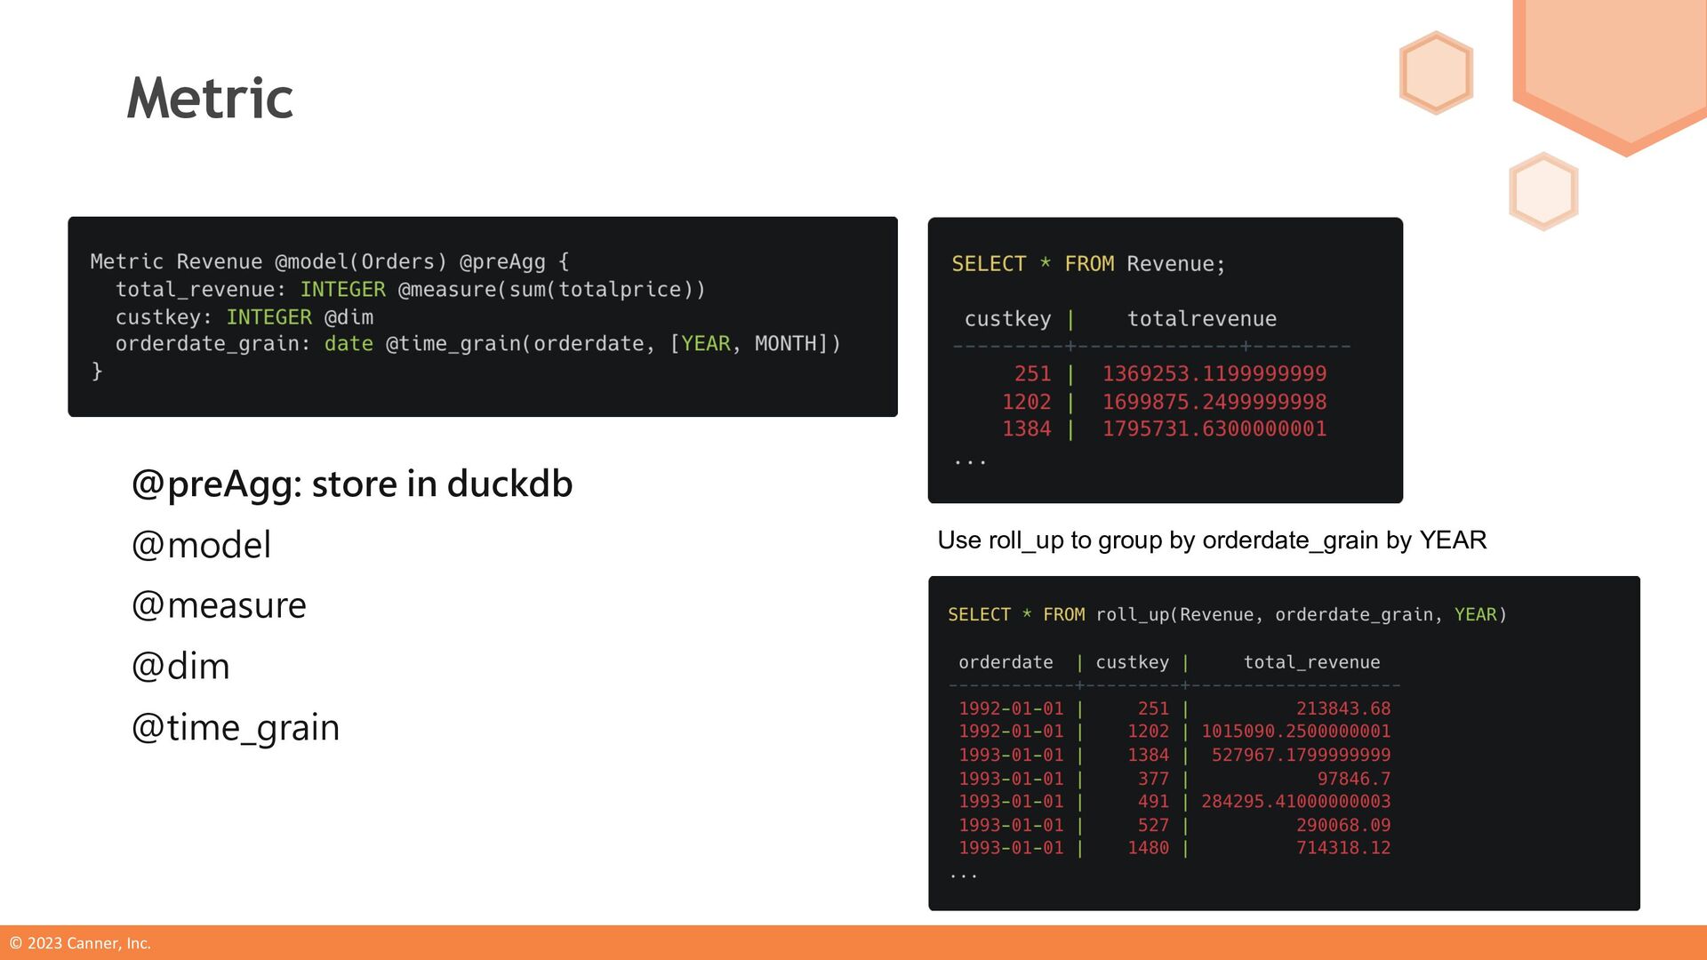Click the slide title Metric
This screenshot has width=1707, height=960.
pos(210,98)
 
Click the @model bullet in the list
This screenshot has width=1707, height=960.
pos(201,545)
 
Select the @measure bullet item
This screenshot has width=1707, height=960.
pos(219,605)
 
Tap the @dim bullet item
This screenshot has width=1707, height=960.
pos(180,667)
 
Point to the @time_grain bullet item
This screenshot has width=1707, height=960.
pos(236,727)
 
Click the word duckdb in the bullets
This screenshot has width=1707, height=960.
pos(509,484)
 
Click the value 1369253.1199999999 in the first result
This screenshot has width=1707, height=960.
pos(1214,374)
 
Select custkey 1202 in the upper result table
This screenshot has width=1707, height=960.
pos(1026,402)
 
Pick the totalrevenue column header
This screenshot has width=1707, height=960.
pos(1201,319)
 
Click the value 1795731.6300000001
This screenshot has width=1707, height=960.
pos(1214,429)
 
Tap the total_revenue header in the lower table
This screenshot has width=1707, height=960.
pos(1311,662)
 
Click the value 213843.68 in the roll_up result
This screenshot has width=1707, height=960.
pos(1342,708)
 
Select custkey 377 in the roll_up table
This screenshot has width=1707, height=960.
pos(1153,779)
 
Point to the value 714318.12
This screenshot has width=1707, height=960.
pos(1342,848)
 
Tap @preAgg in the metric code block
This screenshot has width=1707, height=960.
pos(502,262)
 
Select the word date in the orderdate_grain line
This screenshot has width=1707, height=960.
pos(349,344)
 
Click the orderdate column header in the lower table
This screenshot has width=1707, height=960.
pos(1006,662)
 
